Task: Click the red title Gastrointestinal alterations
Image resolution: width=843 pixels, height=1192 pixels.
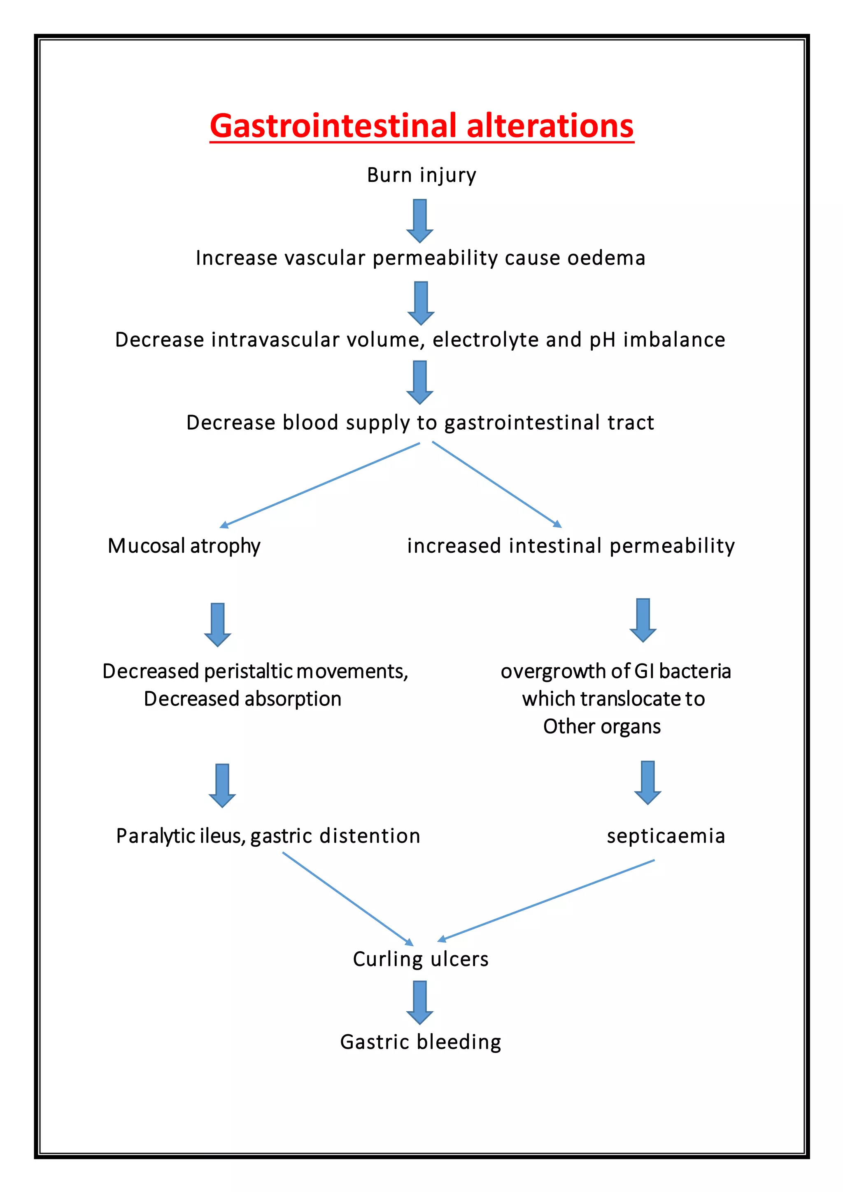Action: pos(421,126)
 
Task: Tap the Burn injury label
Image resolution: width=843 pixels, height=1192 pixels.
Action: pos(421,175)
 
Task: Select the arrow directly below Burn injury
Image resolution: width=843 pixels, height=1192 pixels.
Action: pos(420,221)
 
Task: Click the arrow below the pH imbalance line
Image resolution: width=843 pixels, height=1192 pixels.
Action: pos(420,383)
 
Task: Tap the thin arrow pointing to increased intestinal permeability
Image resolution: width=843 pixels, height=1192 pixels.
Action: pos(497,484)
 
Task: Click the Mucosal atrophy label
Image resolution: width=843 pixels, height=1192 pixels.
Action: pos(184,546)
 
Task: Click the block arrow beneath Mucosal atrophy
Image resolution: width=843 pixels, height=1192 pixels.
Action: pos(217,624)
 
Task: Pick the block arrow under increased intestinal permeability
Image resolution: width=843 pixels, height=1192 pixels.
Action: pos(643,620)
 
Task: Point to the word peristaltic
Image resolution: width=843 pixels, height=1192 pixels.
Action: pos(249,671)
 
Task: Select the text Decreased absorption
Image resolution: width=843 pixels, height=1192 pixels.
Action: pos(242,699)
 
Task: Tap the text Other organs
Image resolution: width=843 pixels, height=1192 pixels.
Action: pos(602,727)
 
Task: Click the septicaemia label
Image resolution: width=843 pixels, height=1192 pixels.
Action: pos(666,836)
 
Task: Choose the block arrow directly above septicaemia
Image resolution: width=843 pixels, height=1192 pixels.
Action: pos(647,782)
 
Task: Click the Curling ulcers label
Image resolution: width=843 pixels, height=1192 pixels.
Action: pos(420,959)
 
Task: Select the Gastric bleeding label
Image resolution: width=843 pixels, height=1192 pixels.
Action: pos(420,1042)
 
